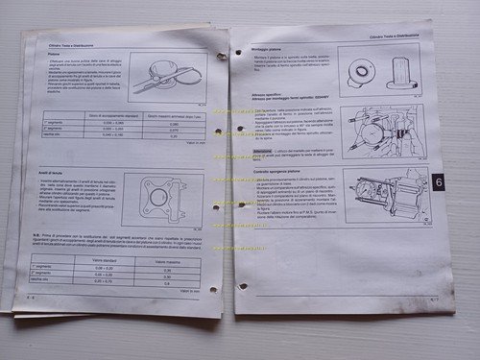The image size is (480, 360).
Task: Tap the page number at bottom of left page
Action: pos(32,298)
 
